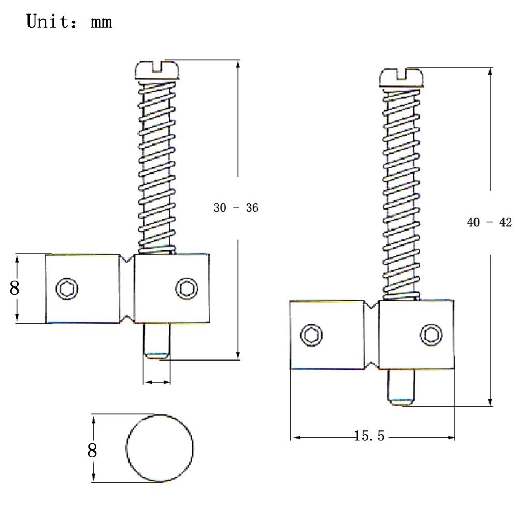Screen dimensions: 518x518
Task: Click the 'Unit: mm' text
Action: point(69,22)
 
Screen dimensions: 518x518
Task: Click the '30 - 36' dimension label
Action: point(236,208)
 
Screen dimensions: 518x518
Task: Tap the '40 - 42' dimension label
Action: point(490,222)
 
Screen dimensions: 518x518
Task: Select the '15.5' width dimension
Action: point(369,436)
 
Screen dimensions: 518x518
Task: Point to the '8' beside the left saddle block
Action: point(15,287)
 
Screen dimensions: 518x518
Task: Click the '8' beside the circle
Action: point(92,450)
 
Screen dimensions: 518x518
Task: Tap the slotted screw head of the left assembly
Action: point(157,70)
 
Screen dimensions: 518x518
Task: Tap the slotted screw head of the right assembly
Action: point(401,78)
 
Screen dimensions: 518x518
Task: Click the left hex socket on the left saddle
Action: point(67,289)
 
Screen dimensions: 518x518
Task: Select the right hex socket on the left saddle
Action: point(186,289)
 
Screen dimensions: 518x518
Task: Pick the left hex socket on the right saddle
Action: point(311,335)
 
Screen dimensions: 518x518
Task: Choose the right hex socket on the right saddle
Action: point(431,335)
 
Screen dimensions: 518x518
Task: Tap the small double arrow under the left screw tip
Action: point(157,382)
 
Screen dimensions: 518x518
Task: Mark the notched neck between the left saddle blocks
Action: point(126,289)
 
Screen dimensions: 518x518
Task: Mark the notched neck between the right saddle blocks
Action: point(371,335)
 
